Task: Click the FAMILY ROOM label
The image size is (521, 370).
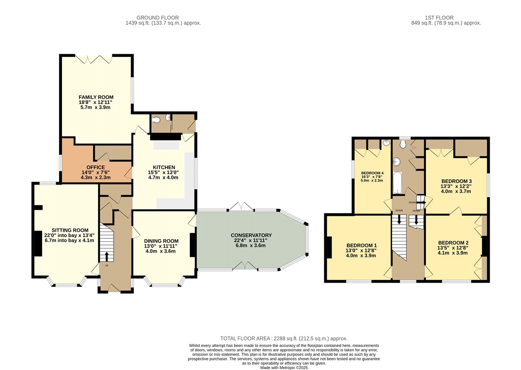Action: tap(96, 97)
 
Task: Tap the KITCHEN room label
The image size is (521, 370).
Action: tap(164, 167)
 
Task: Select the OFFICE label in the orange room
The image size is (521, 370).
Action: tap(96, 167)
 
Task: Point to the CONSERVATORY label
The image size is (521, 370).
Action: tap(251, 235)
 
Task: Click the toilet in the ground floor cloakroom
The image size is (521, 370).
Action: tap(156, 120)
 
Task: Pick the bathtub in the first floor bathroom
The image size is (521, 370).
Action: tap(397, 183)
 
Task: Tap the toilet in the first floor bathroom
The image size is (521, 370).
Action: tap(403, 144)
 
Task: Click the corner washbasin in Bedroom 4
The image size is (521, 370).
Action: tap(386, 142)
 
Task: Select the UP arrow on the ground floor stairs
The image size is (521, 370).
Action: tap(107, 257)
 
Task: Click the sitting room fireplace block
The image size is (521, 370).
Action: tap(38, 244)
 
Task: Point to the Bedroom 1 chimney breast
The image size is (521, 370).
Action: tap(330, 248)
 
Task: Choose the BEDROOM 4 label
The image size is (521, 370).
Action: tap(372, 173)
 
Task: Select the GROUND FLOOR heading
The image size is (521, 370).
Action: tap(158, 18)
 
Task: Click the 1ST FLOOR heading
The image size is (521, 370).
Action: tap(439, 18)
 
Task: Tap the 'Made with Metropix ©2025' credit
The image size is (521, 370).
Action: tap(284, 368)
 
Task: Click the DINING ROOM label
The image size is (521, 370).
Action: tap(161, 241)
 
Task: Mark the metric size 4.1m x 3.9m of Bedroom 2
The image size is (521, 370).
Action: tap(452, 253)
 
